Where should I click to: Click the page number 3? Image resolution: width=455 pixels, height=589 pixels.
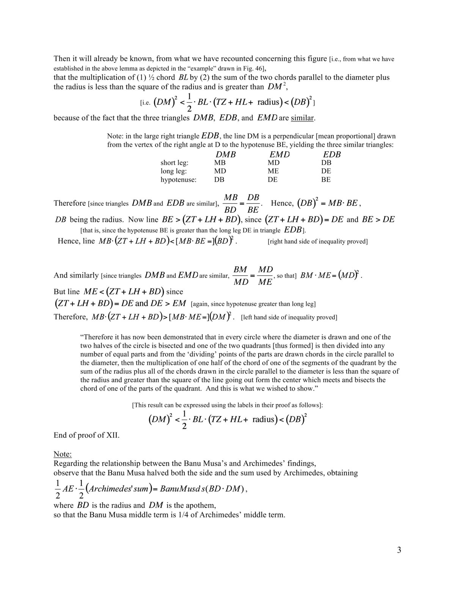point(399,550)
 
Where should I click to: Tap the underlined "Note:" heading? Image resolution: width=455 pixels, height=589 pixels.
point(63,454)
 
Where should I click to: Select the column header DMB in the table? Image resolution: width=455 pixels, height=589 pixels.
point(226,155)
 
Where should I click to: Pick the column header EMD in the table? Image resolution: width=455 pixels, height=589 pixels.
point(279,155)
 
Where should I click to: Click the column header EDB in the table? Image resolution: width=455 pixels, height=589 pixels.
point(332,155)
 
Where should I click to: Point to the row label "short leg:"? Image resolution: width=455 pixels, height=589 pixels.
point(174,163)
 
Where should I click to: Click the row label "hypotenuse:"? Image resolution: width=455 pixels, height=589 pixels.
point(178,180)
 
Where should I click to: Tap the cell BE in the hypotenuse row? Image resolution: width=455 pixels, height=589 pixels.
point(326,180)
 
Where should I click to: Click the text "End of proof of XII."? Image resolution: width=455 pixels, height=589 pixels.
point(86,435)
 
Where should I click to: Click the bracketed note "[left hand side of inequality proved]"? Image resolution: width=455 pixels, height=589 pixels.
point(289,317)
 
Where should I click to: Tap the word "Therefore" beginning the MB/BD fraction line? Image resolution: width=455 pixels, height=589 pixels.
point(70,203)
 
